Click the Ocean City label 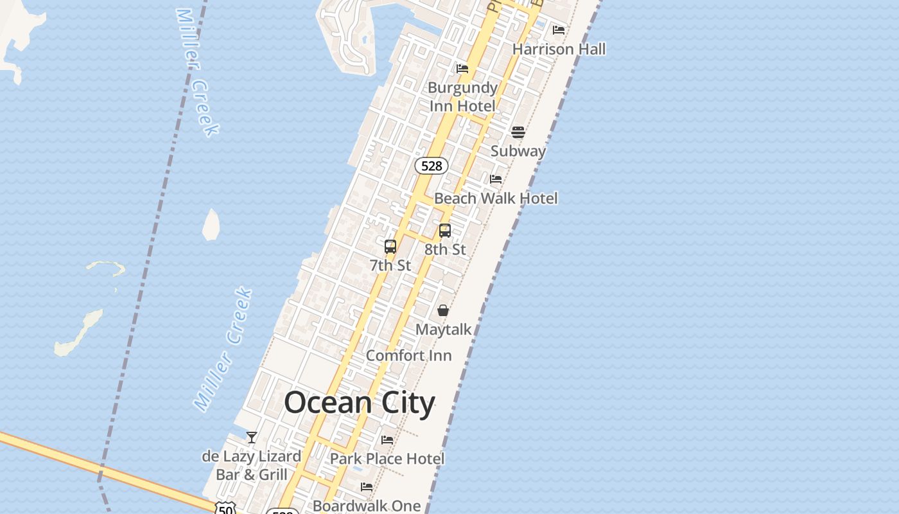coord(360,403)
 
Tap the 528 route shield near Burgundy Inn coord(431,166)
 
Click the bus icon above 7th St coord(390,246)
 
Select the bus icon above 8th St coord(445,230)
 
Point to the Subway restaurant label coord(518,151)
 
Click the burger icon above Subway coord(518,132)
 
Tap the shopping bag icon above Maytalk coord(443,310)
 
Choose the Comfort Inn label coord(408,355)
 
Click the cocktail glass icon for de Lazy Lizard coord(252,438)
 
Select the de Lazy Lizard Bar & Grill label coord(252,465)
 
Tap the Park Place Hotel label coord(387,459)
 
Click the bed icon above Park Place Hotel coord(387,440)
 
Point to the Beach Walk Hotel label coord(496,199)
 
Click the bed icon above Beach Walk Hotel coord(496,179)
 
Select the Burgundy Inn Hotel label coord(462,96)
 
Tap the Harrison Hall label coord(559,49)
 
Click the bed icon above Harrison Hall coord(559,30)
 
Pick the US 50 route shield coord(225,509)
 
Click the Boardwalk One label coord(366,506)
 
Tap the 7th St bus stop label coord(390,265)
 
